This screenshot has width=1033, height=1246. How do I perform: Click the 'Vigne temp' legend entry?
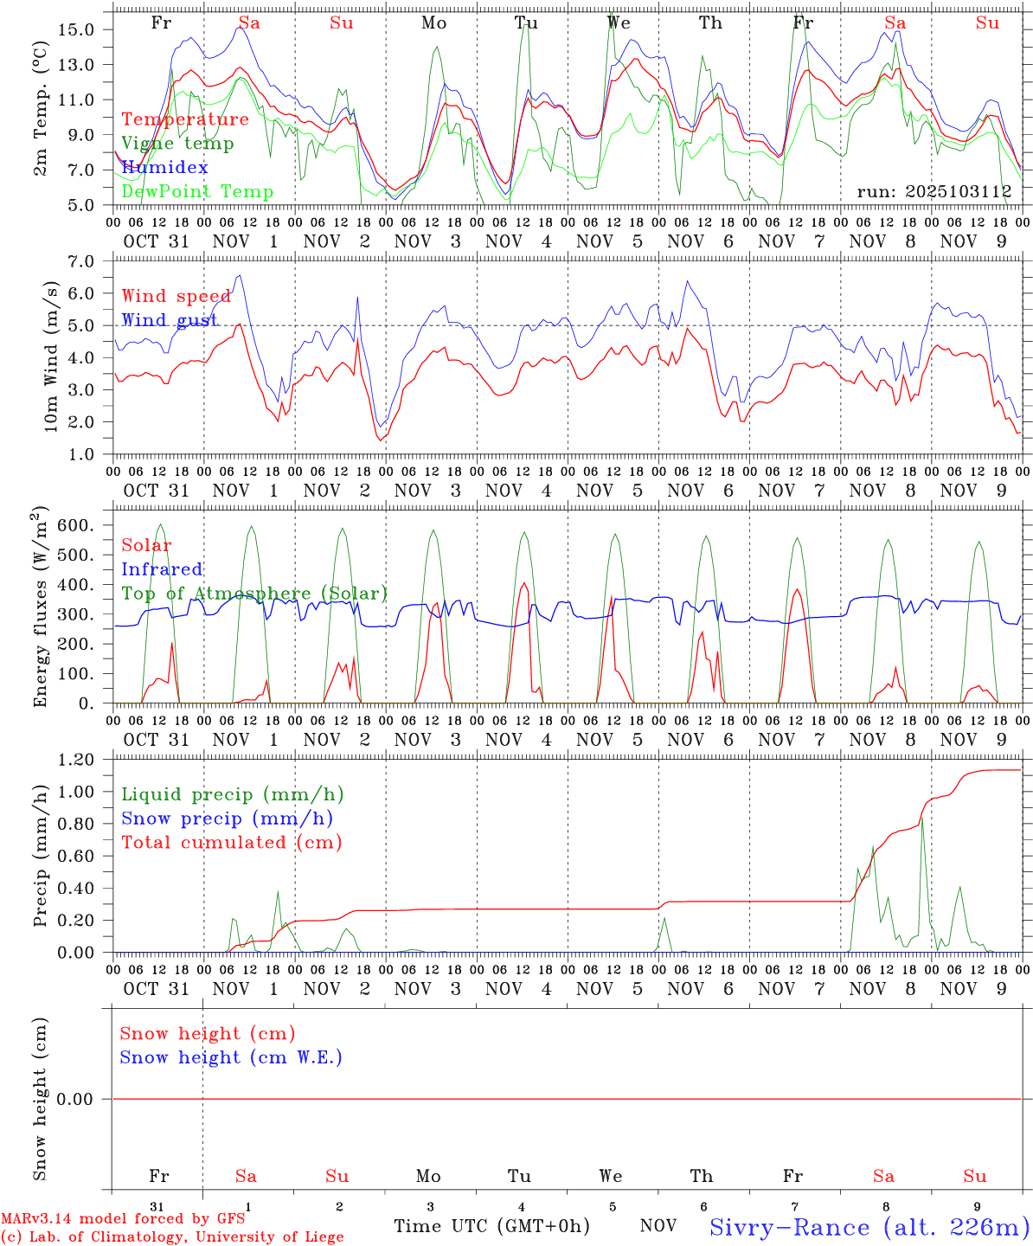coord(177,144)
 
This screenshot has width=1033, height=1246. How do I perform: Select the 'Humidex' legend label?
coord(164,168)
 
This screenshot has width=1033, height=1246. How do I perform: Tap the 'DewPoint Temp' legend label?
coord(197,192)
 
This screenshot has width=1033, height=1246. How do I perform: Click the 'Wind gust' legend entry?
coord(170,320)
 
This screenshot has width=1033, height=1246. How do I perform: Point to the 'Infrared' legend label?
coord(162,569)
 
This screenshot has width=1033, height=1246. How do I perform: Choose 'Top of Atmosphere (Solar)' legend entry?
coord(254,594)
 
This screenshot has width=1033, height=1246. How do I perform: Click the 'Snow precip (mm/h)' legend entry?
coord(227,819)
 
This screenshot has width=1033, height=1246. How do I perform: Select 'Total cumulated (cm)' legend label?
coord(232,843)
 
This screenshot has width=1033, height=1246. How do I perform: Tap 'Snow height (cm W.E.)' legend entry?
coord(231,1057)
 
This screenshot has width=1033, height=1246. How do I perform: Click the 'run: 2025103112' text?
coord(934,192)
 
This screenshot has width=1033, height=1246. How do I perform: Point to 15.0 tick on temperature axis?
coord(78,29)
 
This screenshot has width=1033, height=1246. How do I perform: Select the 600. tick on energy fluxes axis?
coord(78,525)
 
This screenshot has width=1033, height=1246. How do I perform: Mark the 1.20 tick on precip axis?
coord(78,760)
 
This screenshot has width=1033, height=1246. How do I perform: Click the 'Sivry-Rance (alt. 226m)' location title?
coord(869,1227)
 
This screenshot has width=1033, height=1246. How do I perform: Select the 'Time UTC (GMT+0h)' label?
coord(491,1226)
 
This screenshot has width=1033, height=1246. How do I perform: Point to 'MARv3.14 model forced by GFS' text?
coord(123,1219)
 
